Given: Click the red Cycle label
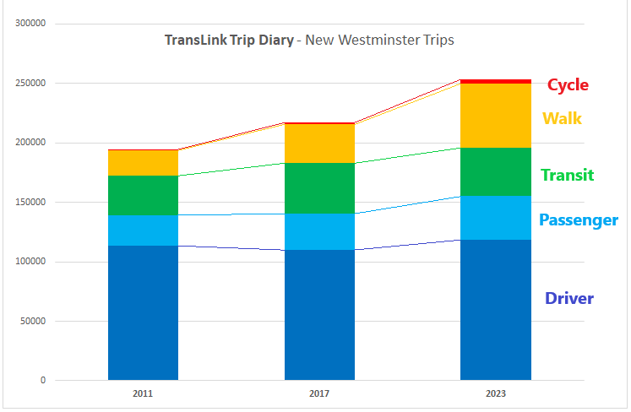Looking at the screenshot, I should point(568,85).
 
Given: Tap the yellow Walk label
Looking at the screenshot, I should point(562,118).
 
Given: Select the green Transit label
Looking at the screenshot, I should point(567,176).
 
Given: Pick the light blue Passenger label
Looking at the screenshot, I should point(579,220).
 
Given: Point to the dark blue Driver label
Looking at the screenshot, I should point(569,298).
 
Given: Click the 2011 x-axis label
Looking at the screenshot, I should point(143,393).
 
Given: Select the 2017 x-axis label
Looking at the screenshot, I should point(319,393).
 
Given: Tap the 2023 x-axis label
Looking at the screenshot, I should point(496,393).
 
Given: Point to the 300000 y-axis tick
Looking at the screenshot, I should point(30,24).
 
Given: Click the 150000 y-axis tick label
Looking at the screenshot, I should point(30,202).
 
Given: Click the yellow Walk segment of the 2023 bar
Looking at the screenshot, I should point(496,116).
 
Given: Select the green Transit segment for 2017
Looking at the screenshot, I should point(319,188).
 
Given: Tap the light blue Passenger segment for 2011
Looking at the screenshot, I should point(143,230).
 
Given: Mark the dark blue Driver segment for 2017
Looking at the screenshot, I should point(319,315).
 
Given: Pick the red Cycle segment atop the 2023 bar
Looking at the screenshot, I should point(496,81).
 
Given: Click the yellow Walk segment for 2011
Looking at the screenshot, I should point(143,163).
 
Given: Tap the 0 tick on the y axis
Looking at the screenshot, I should point(42,380).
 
